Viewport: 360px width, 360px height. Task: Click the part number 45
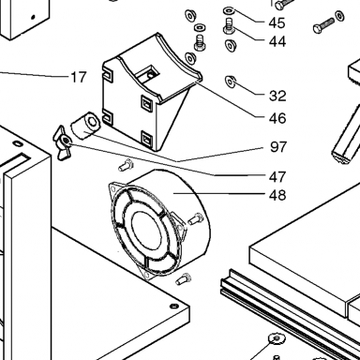277,22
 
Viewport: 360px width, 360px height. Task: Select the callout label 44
277,41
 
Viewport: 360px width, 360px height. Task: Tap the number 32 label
277,96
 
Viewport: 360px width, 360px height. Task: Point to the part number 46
277,118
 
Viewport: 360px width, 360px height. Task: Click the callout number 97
278,147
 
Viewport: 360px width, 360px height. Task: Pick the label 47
277,177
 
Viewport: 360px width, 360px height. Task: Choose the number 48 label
277,195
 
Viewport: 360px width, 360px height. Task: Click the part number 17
78,77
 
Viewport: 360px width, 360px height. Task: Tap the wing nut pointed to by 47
64,142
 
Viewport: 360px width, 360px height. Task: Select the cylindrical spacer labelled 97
85,126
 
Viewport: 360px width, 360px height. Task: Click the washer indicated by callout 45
229,11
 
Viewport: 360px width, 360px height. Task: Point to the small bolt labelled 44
229,26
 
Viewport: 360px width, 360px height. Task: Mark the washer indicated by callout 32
231,82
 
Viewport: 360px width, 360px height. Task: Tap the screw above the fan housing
126,165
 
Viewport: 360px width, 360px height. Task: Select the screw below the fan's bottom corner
184,278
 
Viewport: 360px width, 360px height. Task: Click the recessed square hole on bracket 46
149,74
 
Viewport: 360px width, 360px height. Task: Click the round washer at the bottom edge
277,338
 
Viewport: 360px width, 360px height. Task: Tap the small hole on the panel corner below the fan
174,306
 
